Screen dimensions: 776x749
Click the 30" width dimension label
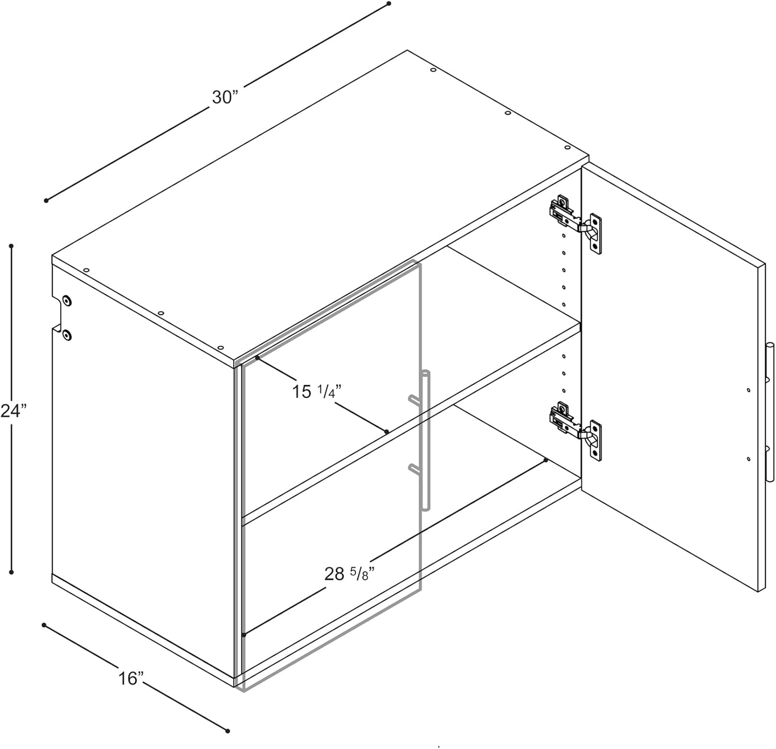coord(224,97)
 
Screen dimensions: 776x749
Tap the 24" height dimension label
coord(13,411)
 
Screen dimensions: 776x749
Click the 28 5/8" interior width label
coord(349,574)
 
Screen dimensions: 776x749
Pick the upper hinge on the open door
coord(575,223)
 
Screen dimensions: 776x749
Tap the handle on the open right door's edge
coord(770,411)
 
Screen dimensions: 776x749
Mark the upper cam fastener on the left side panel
coord(67,300)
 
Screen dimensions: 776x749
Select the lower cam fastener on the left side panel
coord(67,335)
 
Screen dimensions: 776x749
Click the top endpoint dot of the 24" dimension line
coord(11,246)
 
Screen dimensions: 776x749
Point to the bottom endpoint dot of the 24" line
coord(11,572)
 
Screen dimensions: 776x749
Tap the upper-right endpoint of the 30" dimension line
coord(389,4)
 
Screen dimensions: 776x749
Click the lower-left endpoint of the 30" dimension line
coord(47,200)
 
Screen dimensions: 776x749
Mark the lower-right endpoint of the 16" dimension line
coord(227,730)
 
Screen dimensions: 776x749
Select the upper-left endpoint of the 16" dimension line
coord(44,625)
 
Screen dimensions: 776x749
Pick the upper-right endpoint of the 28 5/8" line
coord(546,460)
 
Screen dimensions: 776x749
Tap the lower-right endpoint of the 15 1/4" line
coord(386,431)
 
